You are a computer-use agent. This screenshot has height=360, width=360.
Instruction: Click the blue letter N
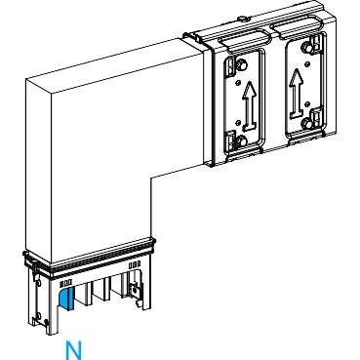pos(73,350)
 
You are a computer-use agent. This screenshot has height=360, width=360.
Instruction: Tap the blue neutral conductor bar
pos(66,298)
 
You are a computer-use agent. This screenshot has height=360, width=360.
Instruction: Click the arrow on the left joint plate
pos(250,104)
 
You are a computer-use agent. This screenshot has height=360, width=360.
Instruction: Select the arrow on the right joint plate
pos(297,93)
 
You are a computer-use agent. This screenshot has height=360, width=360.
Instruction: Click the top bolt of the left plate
pos(241,65)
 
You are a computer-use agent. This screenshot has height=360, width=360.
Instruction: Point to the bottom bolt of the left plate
pos(241,141)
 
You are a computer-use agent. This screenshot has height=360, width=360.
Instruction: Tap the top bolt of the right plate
pos(306,49)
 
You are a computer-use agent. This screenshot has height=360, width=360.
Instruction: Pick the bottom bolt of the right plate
pos(306,124)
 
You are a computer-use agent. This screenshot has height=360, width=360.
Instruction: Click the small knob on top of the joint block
pos(242,19)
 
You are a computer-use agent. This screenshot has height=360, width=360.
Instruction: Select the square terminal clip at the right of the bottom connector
pos(135,289)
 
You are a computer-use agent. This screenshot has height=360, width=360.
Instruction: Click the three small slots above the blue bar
pos(65,284)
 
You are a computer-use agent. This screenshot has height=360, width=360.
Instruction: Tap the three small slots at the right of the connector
pos(135,264)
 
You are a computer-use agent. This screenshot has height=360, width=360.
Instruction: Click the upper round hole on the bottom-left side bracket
pos(39,283)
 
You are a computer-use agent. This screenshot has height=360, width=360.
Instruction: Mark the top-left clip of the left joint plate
pos(229,65)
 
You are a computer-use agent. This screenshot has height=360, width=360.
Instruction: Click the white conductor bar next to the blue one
pos(80,296)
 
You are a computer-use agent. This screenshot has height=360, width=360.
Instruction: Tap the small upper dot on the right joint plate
pos(307,62)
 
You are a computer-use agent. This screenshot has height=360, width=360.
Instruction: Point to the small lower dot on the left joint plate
pos(238,122)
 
